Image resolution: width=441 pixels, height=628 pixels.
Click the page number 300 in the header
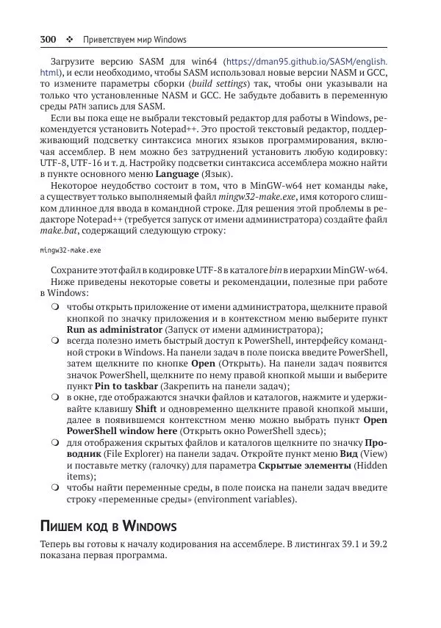click(49, 39)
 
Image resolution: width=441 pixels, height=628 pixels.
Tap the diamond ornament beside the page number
click(70, 39)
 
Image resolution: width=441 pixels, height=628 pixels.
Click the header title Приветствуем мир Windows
click(135, 39)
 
